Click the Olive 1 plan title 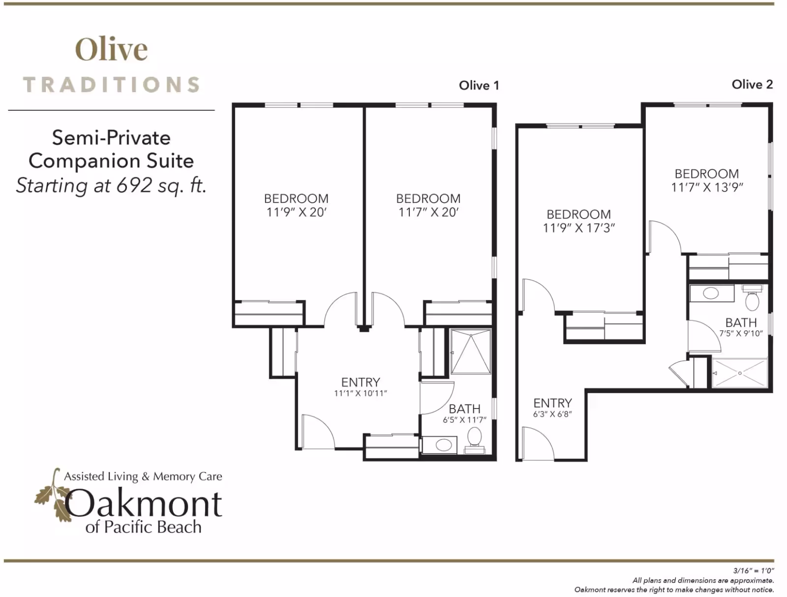point(479,86)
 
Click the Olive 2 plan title point(752,85)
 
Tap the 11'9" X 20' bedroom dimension point(297,212)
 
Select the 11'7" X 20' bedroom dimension point(428,212)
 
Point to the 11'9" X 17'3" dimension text point(578,228)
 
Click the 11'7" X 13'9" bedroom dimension point(707,187)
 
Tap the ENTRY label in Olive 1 point(361,382)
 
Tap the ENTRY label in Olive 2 point(552,403)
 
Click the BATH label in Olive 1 point(464,408)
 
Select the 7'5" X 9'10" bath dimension point(741,333)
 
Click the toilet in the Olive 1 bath point(474,438)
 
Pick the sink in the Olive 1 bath point(444,445)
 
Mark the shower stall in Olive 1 point(471,352)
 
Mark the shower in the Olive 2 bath point(739,373)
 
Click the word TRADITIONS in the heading point(112,85)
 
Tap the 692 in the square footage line point(134,186)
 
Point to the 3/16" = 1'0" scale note point(753,570)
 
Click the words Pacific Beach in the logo point(153,527)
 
